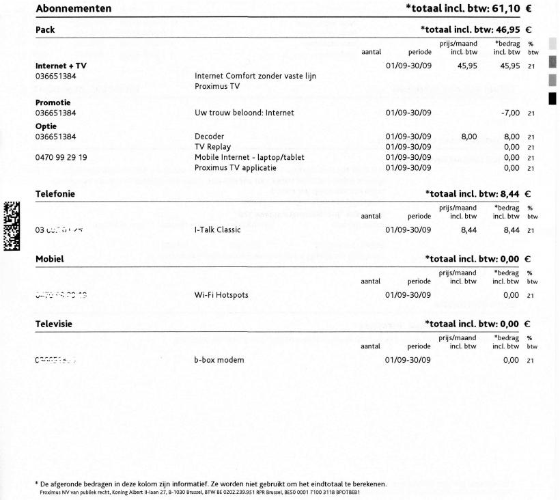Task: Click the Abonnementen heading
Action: coord(73,9)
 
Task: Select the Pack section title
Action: coord(45,30)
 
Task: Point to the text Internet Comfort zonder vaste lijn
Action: coord(255,77)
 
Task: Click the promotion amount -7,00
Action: coord(510,113)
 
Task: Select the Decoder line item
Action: coord(209,137)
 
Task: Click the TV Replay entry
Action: coord(213,147)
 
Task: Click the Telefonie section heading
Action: coord(55,194)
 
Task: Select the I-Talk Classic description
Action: coord(218,230)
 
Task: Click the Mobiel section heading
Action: coord(49,259)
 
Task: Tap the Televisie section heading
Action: coord(54,324)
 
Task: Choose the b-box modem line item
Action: coord(219,360)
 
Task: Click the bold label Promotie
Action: coord(53,102)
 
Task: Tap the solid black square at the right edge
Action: coord(552,98)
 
